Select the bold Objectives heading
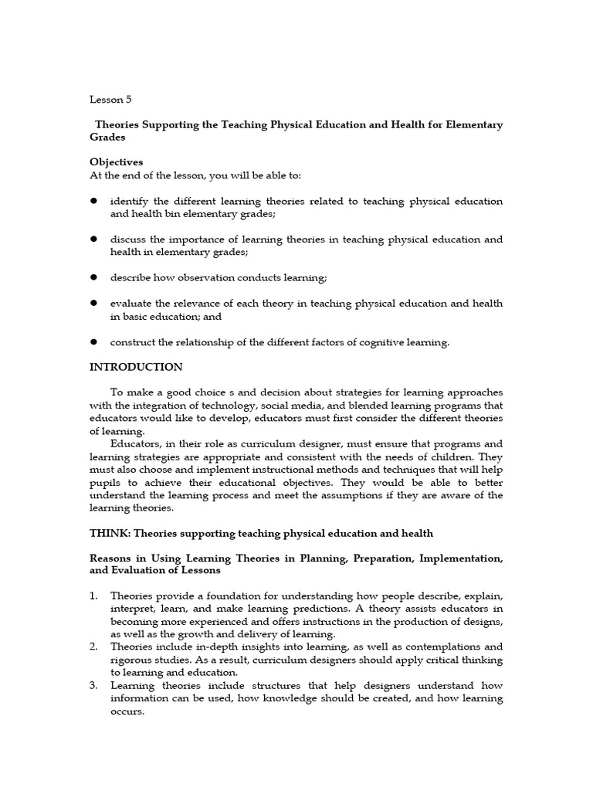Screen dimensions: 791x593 (x=116, y=162)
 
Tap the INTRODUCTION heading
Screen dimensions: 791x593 (x=136, y=367)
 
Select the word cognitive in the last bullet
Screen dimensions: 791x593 (x=364, y=342)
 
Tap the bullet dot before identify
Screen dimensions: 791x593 (x=93, y=201)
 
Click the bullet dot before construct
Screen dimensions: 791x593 (x=93, y=342)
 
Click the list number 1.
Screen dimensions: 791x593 (x=93, y=596)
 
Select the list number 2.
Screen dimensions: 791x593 (x=93, y=647)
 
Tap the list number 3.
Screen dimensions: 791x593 (x=93, y=685)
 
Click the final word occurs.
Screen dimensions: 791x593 (x=127, y=711)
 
